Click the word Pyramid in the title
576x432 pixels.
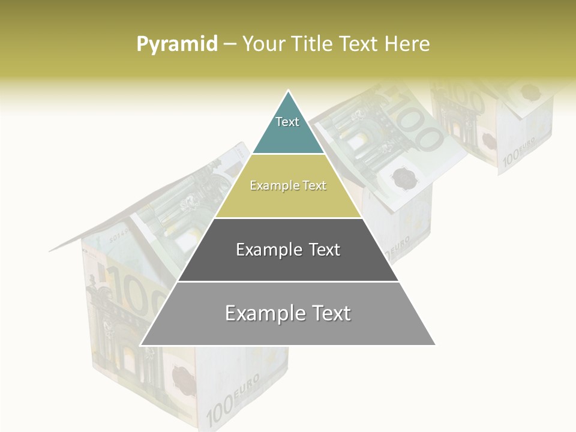pos(177,44)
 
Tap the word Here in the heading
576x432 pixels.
pos(407,44)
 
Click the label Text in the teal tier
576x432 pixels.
pos(287,122)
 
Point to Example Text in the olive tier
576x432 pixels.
pos(288,185)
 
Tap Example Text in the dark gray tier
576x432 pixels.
pos(288,250)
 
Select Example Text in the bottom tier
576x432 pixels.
pos(288,313)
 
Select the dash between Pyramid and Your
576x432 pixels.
pos(230,44)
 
